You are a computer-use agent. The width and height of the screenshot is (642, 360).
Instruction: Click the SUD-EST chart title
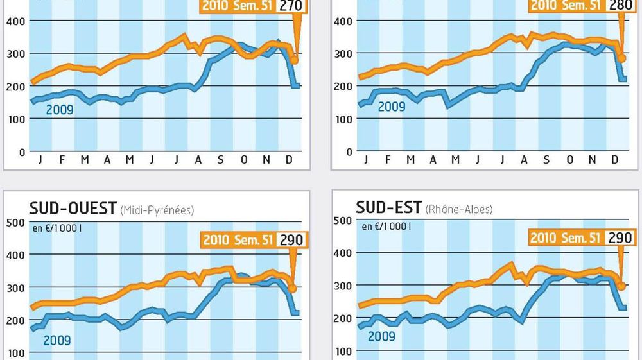point(389,208)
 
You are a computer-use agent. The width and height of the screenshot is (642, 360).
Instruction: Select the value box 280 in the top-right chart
point(620,6)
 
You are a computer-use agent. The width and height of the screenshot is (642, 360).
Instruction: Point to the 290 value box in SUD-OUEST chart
point(290,240)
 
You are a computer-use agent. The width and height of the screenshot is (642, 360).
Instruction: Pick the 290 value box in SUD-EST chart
point(619,238)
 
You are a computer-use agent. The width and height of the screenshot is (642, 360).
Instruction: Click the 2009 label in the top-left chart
point(60,110)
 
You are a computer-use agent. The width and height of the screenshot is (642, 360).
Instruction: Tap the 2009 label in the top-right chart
point(392,106)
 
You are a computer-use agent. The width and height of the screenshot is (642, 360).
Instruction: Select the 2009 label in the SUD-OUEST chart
point(57,340)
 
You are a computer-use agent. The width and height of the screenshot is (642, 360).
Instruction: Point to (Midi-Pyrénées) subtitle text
point(157,210)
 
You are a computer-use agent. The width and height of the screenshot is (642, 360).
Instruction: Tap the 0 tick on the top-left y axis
point(22,152)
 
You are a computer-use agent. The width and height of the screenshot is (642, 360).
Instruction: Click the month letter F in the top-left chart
point(62,160)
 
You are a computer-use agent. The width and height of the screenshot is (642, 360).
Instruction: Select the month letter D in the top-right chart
point(614,160)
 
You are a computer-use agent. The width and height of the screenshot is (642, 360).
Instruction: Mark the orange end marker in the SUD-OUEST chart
point(292,288)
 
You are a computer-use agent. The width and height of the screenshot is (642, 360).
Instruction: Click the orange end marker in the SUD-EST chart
point(621,286)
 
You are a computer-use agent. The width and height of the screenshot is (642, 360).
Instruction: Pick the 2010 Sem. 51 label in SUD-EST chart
point(566,239)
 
